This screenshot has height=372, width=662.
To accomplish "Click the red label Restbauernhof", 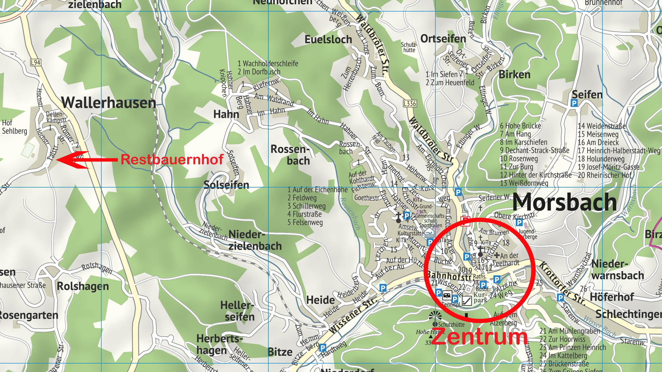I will (x=172, y=159).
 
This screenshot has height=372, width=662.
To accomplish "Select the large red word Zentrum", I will (x=479, y=337).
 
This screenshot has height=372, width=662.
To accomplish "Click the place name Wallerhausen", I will (x=108, y=103).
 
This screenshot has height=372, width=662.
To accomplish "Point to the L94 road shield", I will (x=36, y=62).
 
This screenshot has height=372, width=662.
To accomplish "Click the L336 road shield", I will (x=410, y=103).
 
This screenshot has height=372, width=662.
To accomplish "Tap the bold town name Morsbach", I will (x=564, y=202).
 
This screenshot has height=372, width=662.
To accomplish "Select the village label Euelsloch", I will (x=328, y=40).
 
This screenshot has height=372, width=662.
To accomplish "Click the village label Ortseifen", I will (x=443, y=39).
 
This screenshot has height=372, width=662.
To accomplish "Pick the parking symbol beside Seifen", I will (x=574, y=103).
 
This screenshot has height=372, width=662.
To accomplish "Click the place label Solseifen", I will (x=226, y=185).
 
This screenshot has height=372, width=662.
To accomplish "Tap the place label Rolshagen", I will (x=83, y=286).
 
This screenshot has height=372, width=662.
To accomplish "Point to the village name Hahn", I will (x=226, y=114).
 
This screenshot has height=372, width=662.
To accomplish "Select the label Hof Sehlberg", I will (x=14, y=127).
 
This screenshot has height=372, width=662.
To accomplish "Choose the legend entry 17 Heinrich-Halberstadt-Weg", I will (x=619, y=151).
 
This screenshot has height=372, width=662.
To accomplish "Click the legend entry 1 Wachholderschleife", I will (x=268, y=63).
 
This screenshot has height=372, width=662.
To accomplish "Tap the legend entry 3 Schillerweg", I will (x=306, y=206).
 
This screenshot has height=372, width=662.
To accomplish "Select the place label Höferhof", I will (x=612, y=297).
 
